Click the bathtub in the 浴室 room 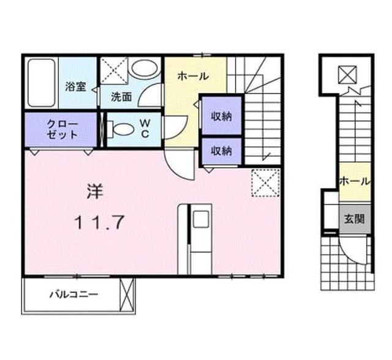42,83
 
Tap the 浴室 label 76,87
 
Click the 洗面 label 121,97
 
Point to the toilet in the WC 121,129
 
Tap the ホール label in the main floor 193,76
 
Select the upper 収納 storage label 222,116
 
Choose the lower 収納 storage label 222,151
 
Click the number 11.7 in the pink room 100,222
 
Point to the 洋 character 95,191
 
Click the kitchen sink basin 202,219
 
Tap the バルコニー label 73,294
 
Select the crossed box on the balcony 127,294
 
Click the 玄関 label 354,219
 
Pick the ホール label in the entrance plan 355,181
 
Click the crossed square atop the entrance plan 347,75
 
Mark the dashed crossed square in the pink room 265,183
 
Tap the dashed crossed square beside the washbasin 114,70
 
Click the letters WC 145,129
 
